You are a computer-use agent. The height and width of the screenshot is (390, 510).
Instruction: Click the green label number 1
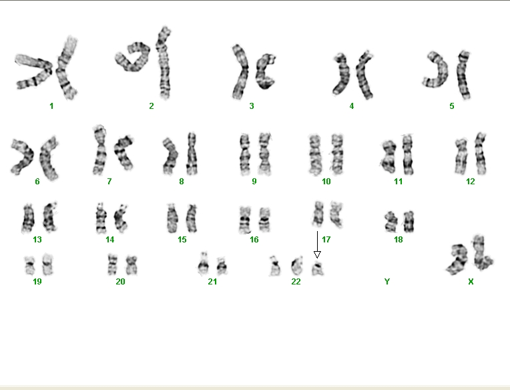tap(51, 106)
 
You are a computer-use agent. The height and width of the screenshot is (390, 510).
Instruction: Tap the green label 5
tap(452, 106)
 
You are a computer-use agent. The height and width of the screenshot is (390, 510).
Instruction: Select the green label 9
tap(254, 182)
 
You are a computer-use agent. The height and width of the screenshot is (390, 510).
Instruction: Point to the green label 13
tap(37, 240)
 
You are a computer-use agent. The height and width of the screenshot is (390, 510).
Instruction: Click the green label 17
tap(326, 240)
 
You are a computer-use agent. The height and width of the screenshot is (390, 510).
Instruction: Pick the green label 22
tap(296, 282)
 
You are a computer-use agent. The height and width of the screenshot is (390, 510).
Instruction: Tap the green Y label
tap(387, 282)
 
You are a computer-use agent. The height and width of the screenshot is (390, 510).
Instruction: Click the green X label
tap(471, 282)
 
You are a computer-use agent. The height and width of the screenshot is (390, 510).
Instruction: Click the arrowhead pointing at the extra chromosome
tap(317, 254)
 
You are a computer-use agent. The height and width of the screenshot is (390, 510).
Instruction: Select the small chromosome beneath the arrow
tap(318, 268)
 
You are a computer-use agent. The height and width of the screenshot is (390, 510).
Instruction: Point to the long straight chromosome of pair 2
tap(164, 63)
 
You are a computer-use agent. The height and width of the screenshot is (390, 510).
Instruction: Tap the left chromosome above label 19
tap(30, 265)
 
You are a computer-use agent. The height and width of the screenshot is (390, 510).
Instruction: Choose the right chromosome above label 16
tap(265, 220)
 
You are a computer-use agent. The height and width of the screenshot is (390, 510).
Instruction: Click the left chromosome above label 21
tap(204, 264)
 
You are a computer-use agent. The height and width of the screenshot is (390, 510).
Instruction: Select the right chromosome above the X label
tap(481, 252)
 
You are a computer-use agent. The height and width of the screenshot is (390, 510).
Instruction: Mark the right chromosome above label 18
tap(409, 222)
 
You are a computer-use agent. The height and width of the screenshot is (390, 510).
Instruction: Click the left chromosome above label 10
tap(314, 155)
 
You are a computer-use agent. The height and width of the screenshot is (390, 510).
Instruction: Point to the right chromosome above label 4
tap(364, 75)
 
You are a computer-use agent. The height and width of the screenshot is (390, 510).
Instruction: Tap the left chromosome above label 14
tap(101, 218)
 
